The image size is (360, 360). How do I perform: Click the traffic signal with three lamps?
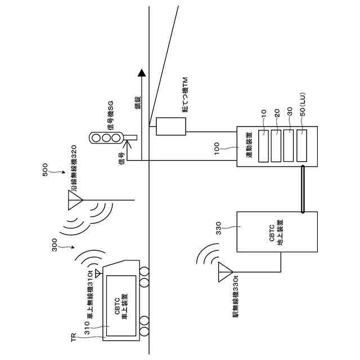tap(106, 138)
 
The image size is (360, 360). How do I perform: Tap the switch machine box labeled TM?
tap(171, 127)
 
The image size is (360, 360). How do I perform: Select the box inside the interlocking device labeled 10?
tap(263, 146)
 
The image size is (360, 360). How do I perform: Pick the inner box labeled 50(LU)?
tap(301, 146)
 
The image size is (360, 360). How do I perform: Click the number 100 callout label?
tap(217, 148)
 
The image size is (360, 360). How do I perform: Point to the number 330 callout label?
tap(218, 228)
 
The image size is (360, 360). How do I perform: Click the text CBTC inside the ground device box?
tap(272, 233)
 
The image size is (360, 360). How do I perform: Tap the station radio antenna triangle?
tap(226, 272)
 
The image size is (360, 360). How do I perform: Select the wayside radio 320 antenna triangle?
tap(75, 200)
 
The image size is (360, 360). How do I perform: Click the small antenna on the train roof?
tap(98, 273)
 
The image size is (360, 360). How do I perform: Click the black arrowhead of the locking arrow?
tap(141, 73)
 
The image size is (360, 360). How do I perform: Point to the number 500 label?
tap(45, 169)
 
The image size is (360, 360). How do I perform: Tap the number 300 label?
tap(55, 245)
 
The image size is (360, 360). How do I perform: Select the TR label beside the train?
tap(74, 337)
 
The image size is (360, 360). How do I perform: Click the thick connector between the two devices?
tap(303, 189)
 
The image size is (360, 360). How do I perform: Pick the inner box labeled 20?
tap(276, 146)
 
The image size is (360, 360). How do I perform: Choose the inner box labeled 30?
tap(289, 146)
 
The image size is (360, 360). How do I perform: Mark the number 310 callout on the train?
tap(87, 328)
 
